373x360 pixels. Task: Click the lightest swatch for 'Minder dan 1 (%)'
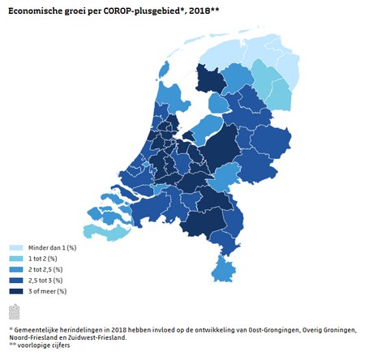click(16, 247)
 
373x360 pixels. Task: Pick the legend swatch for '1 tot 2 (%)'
click(16, 259)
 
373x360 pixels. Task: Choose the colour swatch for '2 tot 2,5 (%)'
click(16, 269)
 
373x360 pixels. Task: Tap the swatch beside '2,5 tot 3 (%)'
click(16, 281)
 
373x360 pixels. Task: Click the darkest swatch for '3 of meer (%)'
click(16, 291)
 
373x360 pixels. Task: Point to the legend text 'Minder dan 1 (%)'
click(53, 247)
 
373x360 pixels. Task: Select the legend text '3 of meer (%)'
click(48, 291)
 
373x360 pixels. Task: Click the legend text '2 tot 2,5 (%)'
click(45, 269)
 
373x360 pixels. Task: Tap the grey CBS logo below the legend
click(15, 311)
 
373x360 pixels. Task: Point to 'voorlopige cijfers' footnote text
click(44, 345)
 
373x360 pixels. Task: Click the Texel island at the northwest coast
click(164, 69)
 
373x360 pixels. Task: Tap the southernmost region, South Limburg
click(223, 270)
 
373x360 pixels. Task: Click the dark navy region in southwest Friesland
click(210, 79)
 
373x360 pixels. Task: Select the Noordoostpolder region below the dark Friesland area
click(218, 103)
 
